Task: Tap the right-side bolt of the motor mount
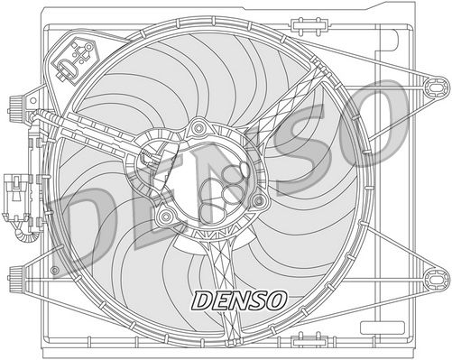pos(259,199)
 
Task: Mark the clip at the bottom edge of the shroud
pos(226,340)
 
